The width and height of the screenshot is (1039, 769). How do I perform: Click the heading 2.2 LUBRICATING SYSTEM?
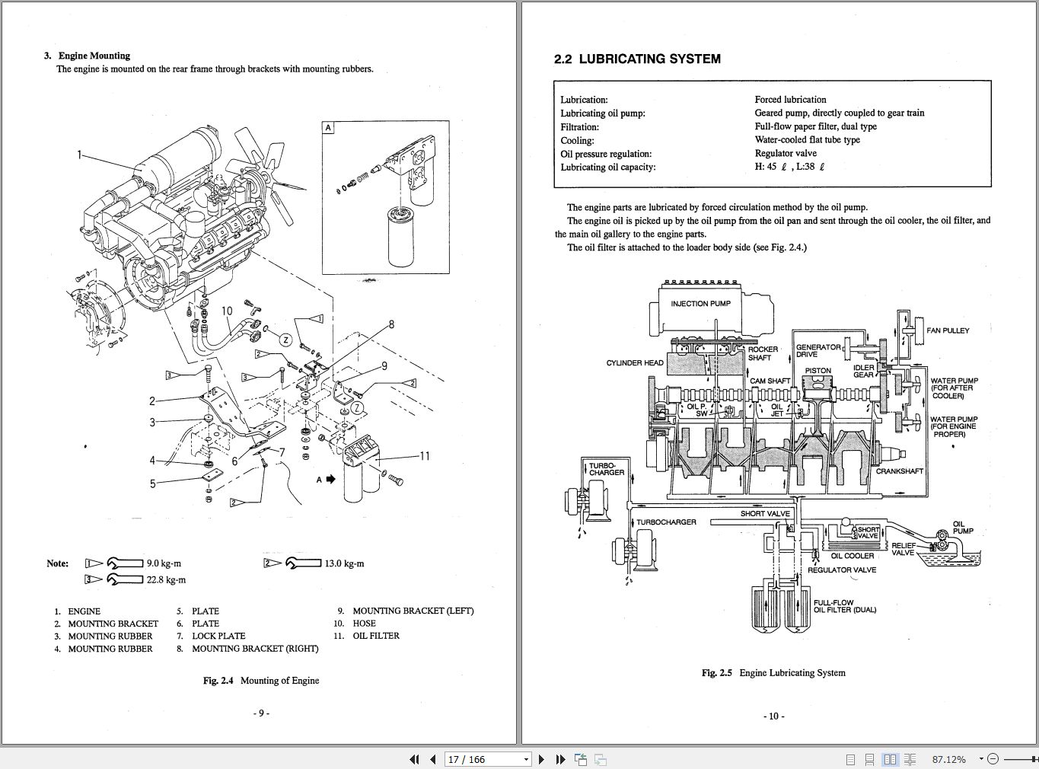coord(637,59)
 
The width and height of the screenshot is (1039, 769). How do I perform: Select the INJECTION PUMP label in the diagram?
coord(700,304)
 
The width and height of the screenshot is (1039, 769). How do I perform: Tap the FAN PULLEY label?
coord(948,330)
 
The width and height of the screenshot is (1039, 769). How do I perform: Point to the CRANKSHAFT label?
coord(899,471)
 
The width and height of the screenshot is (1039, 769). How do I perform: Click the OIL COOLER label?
coord(853,556)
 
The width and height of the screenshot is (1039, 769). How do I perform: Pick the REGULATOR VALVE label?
coord(841,570)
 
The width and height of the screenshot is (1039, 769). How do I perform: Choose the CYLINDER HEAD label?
coord(635,363)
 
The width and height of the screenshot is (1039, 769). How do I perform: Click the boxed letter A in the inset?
coord(328,128)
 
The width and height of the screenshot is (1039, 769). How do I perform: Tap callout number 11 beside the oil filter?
coord(424,456)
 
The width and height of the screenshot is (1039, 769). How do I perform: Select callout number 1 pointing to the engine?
coord(79,155)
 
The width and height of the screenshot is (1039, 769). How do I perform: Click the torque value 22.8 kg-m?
coord(166,579)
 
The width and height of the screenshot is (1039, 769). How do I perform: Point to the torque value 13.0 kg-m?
coord(344,563)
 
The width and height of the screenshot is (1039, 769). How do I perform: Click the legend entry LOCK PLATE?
coord(218,636)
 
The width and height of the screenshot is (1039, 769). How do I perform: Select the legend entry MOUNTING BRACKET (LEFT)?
coord(413,611)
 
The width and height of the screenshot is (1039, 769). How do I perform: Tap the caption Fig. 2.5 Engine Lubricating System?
coord(773,673)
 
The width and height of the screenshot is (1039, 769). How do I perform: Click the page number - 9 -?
coord(260,713)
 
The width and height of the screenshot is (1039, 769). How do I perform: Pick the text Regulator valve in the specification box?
coord(786,153)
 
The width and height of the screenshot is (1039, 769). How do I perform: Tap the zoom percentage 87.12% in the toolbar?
coord(948,759)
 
